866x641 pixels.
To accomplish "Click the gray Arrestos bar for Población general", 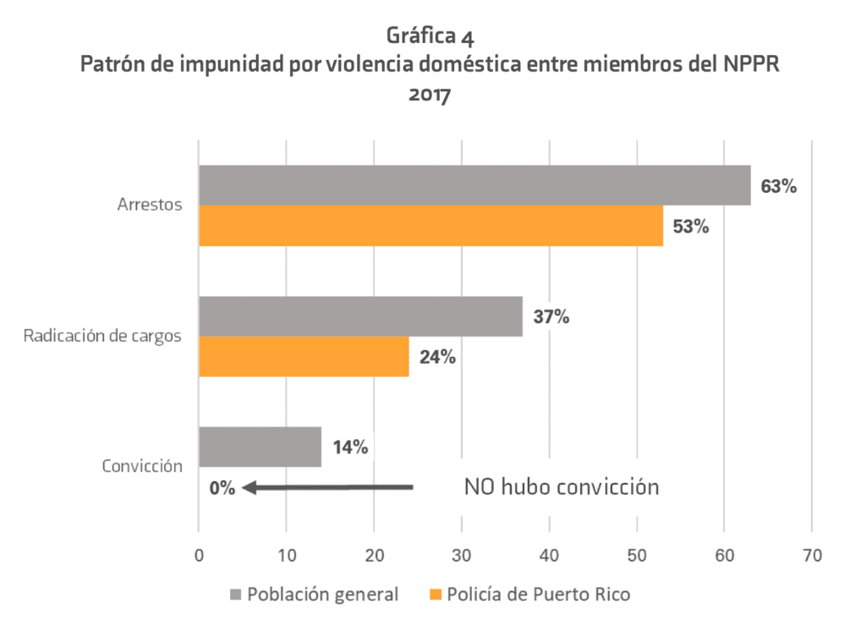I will coord(474,185).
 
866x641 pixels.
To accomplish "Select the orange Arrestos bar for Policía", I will coord(430,226).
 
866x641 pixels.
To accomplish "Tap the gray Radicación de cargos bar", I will coord(359,316).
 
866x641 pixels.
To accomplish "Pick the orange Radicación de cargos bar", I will coord(303,357).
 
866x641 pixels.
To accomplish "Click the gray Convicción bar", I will coord(260,447).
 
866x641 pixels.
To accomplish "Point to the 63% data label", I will coord(779,186).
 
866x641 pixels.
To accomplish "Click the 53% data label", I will coord(691,227).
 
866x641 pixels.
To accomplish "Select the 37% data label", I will coord(551,317).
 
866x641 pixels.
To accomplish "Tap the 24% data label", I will coord(437,357).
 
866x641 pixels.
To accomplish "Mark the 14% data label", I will coord(349,447).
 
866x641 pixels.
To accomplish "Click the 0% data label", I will coord(222,488).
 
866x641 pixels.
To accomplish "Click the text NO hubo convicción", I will coord(561,487).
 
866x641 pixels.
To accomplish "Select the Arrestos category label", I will coord(150,205).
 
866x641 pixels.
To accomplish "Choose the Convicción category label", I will coord(142,466).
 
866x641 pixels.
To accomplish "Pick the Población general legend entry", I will coord(314,594).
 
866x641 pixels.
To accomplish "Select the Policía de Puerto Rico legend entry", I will coord(529,594).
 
